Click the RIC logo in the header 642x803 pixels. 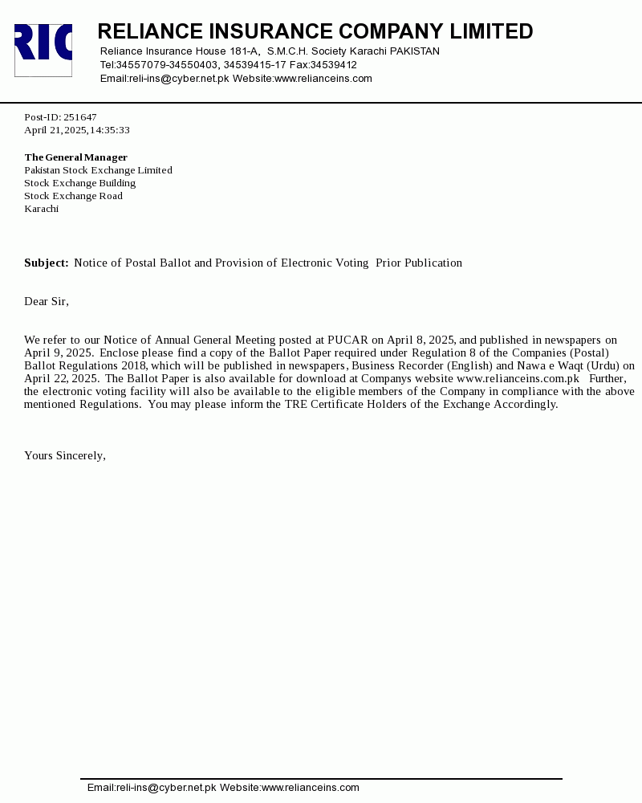click(43, 50)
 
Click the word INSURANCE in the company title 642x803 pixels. click(270, 31)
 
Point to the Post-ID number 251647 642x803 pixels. click(80, 117)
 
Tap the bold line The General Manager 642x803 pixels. click(75, 157)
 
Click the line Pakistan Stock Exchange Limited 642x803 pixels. click(98, 170)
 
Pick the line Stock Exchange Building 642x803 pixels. click(79, 183)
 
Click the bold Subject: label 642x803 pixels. click(46, 263)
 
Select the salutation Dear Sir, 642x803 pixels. click(47, 301)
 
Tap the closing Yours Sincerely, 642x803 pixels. click(65, 455)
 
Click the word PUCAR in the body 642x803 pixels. click(347, 340)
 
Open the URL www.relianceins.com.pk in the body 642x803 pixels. click(518, 378)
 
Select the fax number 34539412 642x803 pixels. click(334, 65)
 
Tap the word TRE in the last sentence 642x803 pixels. click(295, 404)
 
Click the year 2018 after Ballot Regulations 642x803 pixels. click(134, 365)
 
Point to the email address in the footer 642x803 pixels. click(152, 788)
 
